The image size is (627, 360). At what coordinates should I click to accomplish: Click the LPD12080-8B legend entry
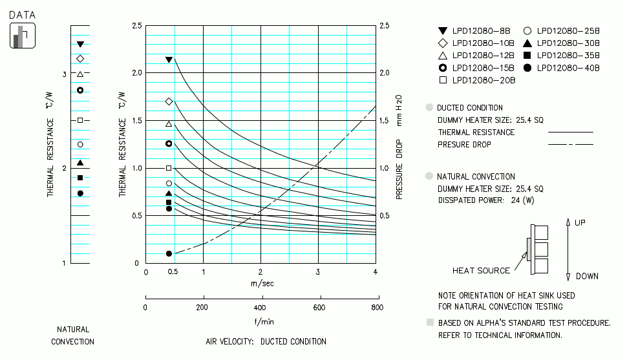click(475, 30)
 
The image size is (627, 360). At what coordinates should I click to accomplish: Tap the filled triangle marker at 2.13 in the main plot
click(169, 59)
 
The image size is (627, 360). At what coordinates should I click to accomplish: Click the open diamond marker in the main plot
click(169, 101)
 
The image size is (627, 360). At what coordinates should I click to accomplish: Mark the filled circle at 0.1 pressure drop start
click(169, 254)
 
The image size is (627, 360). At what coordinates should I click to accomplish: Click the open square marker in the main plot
click(169, 168)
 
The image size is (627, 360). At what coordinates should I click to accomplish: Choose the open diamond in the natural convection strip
click(80, 59)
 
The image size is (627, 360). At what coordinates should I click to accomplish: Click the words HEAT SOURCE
click(481, 271)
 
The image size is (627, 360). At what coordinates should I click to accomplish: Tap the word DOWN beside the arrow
click(587, 276)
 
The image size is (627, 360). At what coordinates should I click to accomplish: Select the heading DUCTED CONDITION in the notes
click(469, 108)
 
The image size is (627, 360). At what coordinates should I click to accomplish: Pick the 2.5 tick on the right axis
click(385, 26)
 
